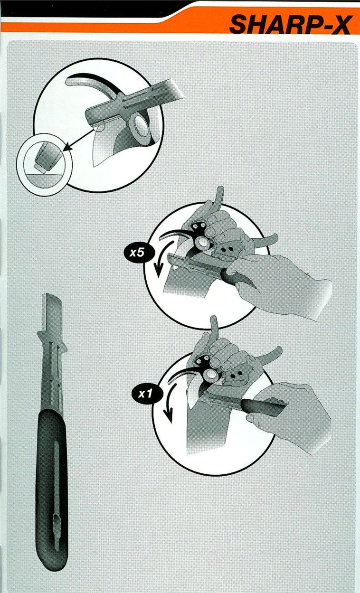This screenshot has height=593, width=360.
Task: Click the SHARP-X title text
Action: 291,25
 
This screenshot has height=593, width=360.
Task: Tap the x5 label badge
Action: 137,253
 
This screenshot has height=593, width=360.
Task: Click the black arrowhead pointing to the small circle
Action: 68,146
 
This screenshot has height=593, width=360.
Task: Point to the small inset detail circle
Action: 44,164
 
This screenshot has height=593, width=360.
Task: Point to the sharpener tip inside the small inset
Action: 47,158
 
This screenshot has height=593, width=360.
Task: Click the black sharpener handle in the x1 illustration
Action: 262,405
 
